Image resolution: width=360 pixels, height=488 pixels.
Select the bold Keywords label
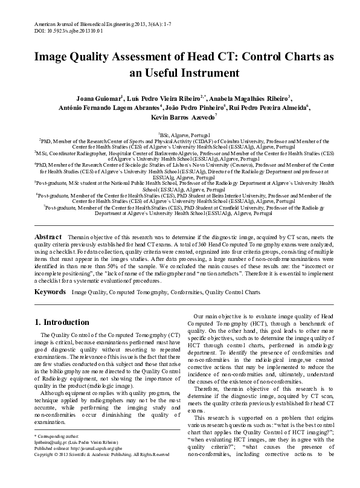50,292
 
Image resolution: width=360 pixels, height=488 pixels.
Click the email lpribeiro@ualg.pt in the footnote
51,460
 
